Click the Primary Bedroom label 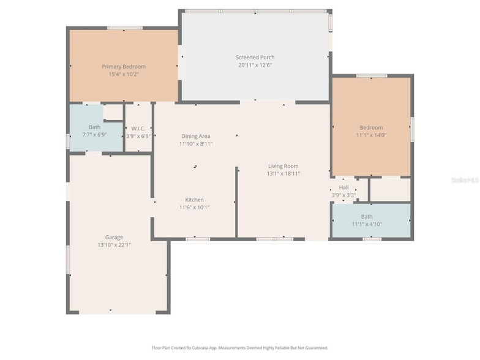click(x=124, y=66)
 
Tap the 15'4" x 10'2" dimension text click(x=124, y=74)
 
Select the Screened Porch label click(x=255, y=58)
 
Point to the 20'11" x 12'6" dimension click(x=255, y=65)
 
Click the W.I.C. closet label click(x=138, y=129)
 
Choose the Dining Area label click(x=196, y=136)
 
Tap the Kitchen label click(x=195, y=200)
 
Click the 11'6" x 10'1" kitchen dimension click(x=195, y=208)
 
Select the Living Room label click(x=283, y=166)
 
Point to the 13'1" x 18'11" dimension click(x=283, y=174)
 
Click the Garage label click(x=114, y=237)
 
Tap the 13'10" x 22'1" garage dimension click(x=114, y=245)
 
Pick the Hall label click(x=343, y=188)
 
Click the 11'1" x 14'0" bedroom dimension click(x=371, y=135)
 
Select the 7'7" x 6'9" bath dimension click(x=94, y=134)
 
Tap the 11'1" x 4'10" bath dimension click(x=366, y=224)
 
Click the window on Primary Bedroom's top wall click(x=125, y=28)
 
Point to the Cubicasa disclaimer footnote click(x=240, y=348)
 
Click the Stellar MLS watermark click(x=465, y=180)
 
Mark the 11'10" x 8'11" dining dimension click(x=196, y=144)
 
